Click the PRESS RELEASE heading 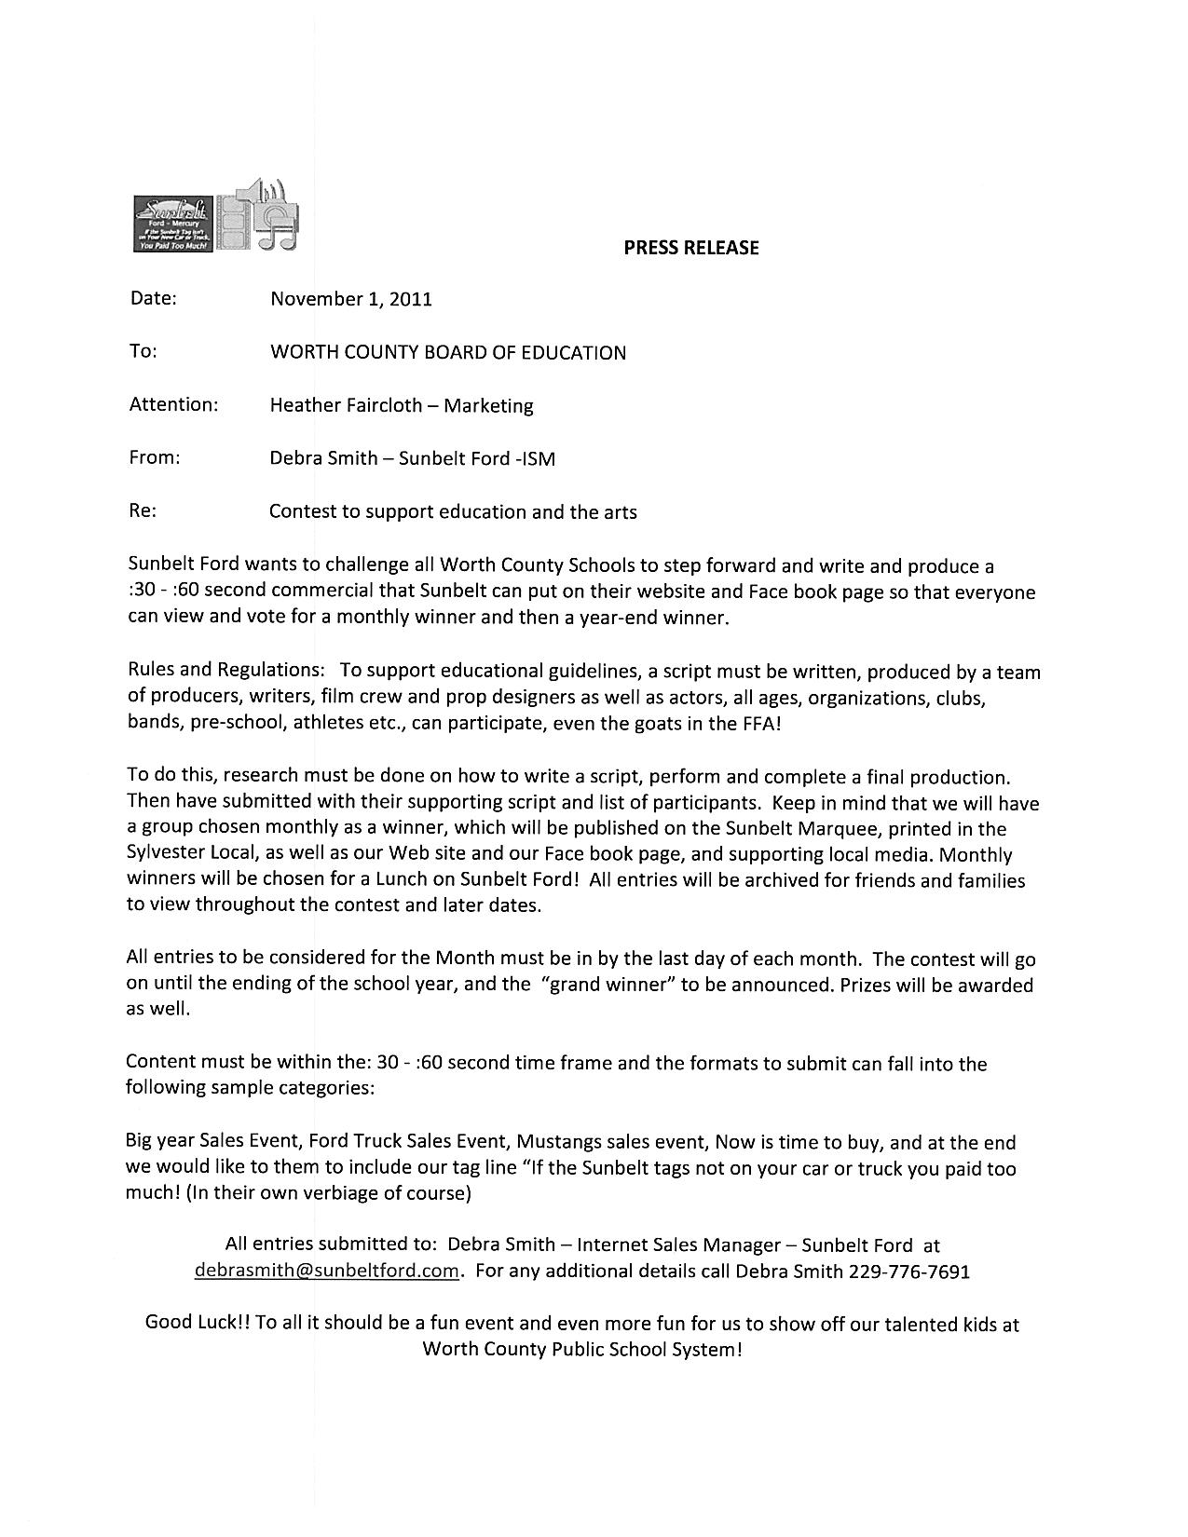point(690,248)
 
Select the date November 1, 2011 point(350,299)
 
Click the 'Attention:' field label point(173,404)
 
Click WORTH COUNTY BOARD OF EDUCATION point(447,352)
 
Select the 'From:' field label point(155,457)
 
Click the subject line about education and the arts point(453,511)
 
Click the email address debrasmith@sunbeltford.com point(327,1271)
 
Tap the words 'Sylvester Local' point(195,854)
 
